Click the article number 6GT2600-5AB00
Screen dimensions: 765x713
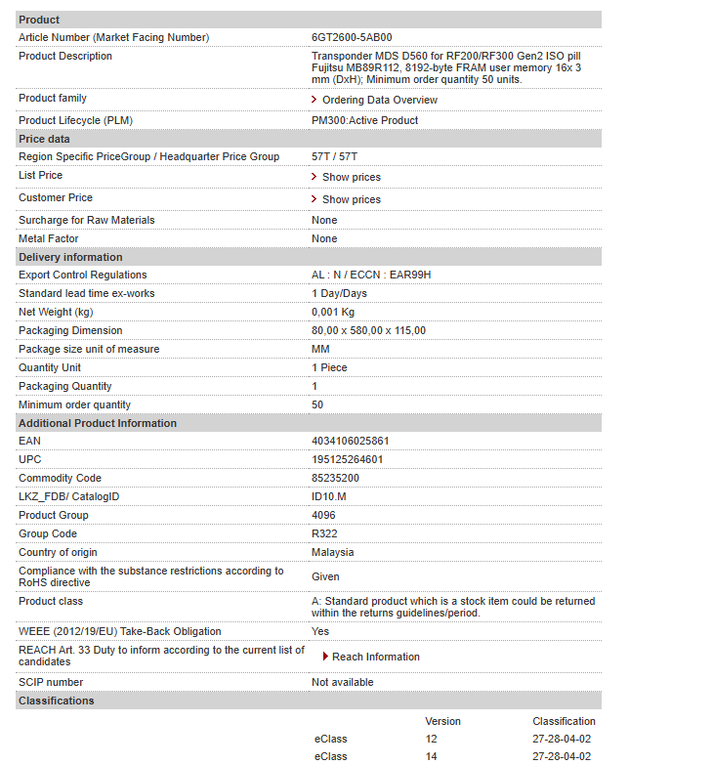tap(352, 37)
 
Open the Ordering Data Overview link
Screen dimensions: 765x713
tap(380, 100)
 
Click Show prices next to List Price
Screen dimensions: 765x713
tap(351, 177)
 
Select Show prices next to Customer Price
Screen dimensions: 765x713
tap(351, 199)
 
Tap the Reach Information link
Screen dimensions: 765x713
tap(375, 657)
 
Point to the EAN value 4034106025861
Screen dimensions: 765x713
tap(351, 441)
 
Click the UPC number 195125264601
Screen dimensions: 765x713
tap(348, 459)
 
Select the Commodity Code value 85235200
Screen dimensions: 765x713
tap(335, 478)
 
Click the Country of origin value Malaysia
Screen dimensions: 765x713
tap(333, 552)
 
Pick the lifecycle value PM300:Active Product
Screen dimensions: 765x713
tap(364, 120)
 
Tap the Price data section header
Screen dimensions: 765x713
tap(44, 139)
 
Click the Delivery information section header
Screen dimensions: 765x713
tap(70, 257)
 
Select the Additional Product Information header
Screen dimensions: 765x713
tap(98, 423)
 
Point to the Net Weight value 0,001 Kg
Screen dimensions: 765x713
tap(333, 312)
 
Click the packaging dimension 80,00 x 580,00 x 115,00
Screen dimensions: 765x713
tap(368, 330)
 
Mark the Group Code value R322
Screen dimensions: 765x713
tap(324, 533)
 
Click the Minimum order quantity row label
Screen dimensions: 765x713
tap(74, 404)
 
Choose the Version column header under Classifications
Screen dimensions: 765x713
tap(442, 721)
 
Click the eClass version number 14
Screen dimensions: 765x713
tap(432, 756)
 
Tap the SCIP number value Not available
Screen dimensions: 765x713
tap(342, 682)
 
